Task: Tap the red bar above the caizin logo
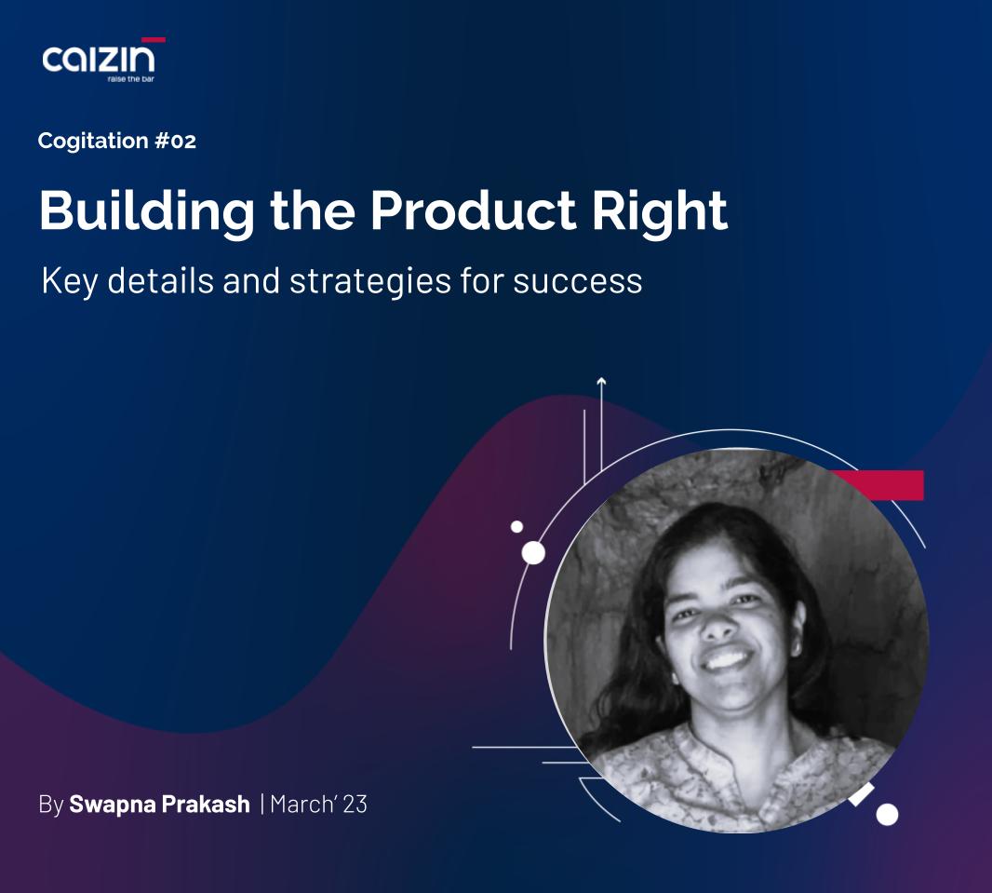point(154,40)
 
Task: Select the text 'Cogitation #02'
point(117,142)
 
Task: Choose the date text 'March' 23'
point(318,805)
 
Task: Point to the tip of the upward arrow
point(601,380)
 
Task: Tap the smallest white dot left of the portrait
point(516,527)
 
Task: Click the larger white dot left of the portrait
point(533,553)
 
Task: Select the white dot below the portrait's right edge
point(887,815)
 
